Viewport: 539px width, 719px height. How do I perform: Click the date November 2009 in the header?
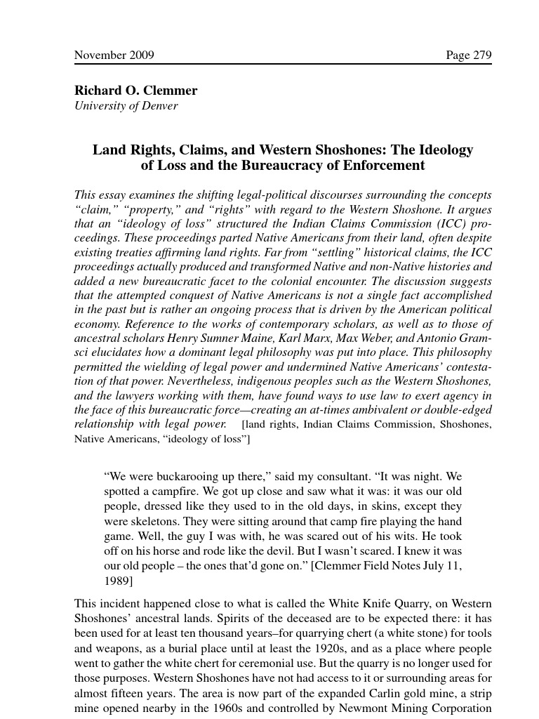coord(114,55)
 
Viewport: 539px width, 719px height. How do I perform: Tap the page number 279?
coord(469,55)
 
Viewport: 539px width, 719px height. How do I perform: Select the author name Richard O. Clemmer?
coord(135,91)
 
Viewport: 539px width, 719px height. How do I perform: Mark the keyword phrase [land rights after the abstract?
coord(269,425)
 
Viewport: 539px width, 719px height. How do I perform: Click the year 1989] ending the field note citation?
coord(119,581)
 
